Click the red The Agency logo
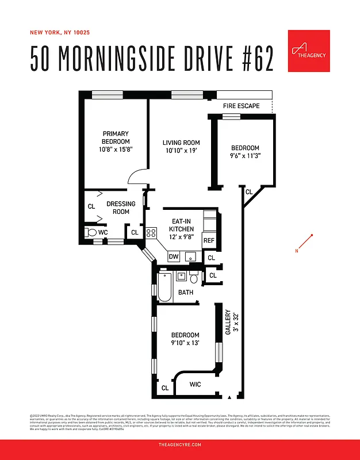(308, 51)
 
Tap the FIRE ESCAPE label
(241, 106)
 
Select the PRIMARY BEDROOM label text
(116, 137)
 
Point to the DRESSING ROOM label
(120, 208)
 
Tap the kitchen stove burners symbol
(151, 233)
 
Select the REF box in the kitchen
(209, 241)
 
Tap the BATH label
(186, 293)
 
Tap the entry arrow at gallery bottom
(229, 397)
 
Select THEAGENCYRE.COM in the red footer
(179, 445)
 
